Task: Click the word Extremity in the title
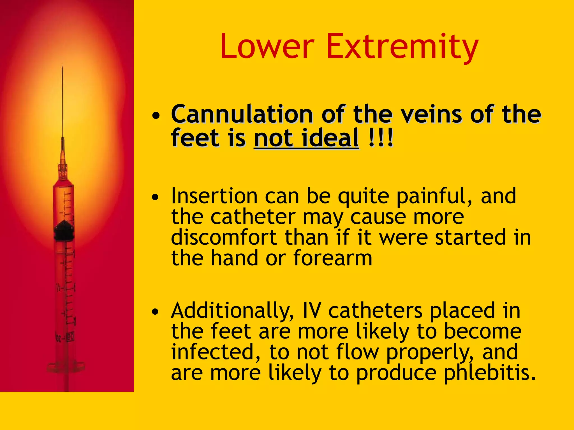(402, 47)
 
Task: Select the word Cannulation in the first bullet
(242, 114)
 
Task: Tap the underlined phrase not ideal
(306, 138)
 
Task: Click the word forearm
(333, 258)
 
